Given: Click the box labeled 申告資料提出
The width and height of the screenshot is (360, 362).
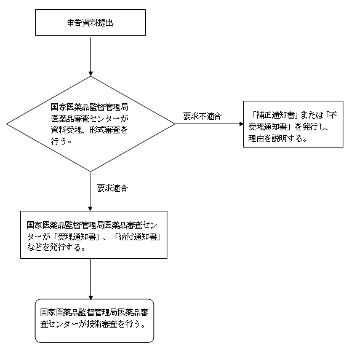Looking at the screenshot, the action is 90,22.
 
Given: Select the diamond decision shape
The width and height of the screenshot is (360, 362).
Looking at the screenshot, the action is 90,124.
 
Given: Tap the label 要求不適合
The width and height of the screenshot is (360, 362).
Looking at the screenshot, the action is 202,116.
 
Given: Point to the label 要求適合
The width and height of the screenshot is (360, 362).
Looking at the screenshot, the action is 113,188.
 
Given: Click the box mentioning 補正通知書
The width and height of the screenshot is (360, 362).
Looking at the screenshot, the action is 293,124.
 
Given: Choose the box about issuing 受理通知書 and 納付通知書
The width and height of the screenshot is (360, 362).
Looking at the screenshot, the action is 94,235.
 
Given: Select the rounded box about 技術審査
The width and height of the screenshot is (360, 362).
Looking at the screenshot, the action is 94,321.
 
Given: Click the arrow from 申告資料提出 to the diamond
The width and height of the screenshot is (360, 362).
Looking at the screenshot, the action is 90,56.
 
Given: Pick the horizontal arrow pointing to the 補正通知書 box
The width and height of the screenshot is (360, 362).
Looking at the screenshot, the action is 209,124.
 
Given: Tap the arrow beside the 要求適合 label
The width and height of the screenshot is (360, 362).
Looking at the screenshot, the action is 90,191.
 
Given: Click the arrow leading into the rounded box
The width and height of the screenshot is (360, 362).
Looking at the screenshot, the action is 90,279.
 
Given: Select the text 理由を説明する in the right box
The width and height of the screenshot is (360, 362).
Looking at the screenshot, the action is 274,138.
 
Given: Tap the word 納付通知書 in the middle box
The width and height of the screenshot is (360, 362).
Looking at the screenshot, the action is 138,237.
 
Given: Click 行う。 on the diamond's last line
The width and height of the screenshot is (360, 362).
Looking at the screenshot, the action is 61,141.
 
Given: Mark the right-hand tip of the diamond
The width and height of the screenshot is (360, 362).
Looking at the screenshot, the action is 175,124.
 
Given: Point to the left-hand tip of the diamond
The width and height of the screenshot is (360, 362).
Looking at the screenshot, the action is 7,124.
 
